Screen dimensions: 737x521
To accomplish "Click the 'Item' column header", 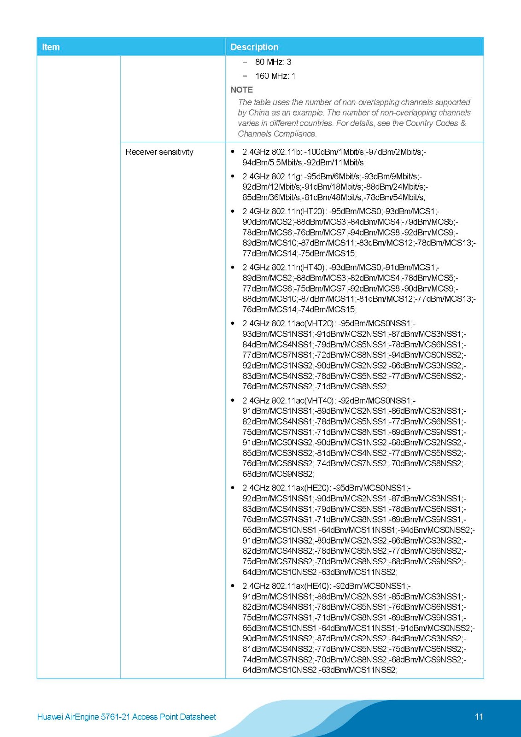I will [x=51, y=47].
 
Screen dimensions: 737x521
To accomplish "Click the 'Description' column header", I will [x=254, y=47].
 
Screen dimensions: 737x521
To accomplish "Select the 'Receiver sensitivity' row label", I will [x=159, y=152].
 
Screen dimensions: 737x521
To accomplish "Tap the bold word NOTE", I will [x=241, y=90].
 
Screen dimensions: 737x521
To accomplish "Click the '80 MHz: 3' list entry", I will [x=273, y=62].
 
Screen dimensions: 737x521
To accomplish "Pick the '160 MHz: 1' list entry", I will [x=275, y=76].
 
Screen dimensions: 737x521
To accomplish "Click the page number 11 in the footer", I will [x=479, y=717].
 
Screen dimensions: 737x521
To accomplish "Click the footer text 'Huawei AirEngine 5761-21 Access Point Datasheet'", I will [x=127, y=717].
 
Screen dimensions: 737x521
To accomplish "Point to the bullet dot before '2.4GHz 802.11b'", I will [x=233, y=152].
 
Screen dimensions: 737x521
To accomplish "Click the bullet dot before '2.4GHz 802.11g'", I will [x=233, y=176].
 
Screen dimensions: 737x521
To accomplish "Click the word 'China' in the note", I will [x=259, y=113].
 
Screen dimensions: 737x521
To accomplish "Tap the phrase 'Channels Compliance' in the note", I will [x=277, y=134].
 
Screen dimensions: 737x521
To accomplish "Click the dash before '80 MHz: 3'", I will [x=245, y=62].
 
